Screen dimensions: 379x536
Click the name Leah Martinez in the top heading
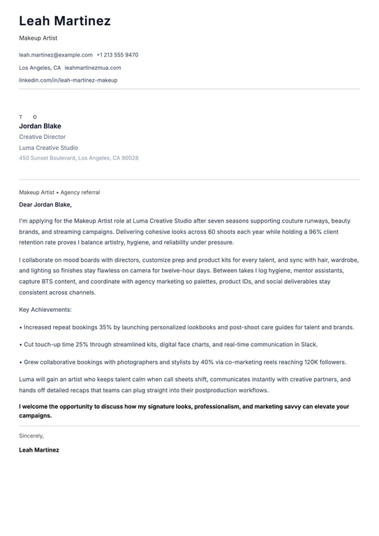coord(65,21)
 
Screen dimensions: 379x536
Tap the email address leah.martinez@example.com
coord(56,54)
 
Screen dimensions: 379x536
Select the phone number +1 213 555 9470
coord(117,54)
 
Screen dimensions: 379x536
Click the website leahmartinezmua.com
coord(93,68)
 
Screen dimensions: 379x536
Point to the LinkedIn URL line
coord(68,80)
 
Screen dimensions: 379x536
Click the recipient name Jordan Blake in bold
coord(40,126)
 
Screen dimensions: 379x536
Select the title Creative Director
coord(42,137)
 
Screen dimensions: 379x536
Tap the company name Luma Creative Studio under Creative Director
coord(48,148)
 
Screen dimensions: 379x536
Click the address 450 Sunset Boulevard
coord(78,158)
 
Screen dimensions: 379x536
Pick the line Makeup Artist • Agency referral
coord(59,193)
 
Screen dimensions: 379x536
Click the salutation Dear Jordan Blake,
coord(45,205)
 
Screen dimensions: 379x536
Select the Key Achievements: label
coord(45,309)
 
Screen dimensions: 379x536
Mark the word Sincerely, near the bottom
coord(31,436)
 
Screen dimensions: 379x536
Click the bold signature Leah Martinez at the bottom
coord(39,450)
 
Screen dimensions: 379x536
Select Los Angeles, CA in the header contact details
coord(40,68)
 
